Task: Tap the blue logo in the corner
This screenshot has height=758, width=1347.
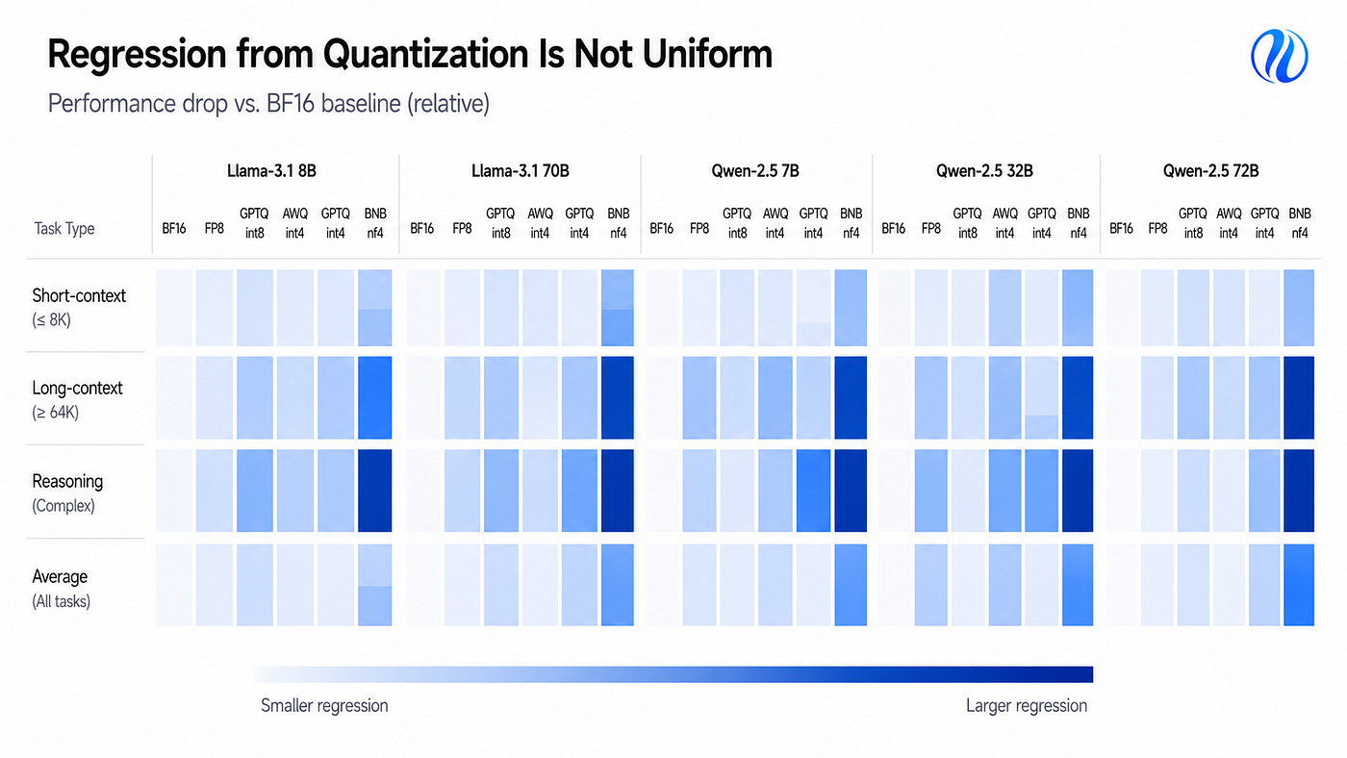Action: pos(1279,56)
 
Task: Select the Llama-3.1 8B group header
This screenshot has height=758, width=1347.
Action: pos(271,171)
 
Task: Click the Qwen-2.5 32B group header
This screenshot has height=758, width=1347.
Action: pos(984,171)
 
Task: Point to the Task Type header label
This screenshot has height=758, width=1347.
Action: pos(64,228)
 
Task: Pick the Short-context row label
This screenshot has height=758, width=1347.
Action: pos(79,307)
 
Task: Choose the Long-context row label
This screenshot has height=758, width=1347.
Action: pos(77,400)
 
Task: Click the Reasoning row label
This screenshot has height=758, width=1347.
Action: pos(67,493)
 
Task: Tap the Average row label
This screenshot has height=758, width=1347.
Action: pos(61,589)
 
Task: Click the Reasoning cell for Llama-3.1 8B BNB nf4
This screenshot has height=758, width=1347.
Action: pos(374,491)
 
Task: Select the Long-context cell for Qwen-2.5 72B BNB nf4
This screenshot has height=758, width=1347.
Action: pos(1299,397)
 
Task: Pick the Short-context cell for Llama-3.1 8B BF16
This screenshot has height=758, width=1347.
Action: pos(174,308)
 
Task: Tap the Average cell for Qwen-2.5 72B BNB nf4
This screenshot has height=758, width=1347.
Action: pos(1299,585)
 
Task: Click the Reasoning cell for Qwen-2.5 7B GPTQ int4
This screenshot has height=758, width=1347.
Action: pos(814,491)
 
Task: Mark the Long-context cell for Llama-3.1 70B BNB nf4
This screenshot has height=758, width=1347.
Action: pos(618,397)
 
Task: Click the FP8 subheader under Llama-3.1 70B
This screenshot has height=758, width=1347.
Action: pos(462,228)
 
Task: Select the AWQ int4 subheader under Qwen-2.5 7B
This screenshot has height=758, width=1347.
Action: pos(775,223)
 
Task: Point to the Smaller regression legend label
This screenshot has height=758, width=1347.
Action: pos(324,705)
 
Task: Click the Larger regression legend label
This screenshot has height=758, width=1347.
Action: pos(1027,705)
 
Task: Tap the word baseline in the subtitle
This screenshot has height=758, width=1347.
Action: pos(361,103)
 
